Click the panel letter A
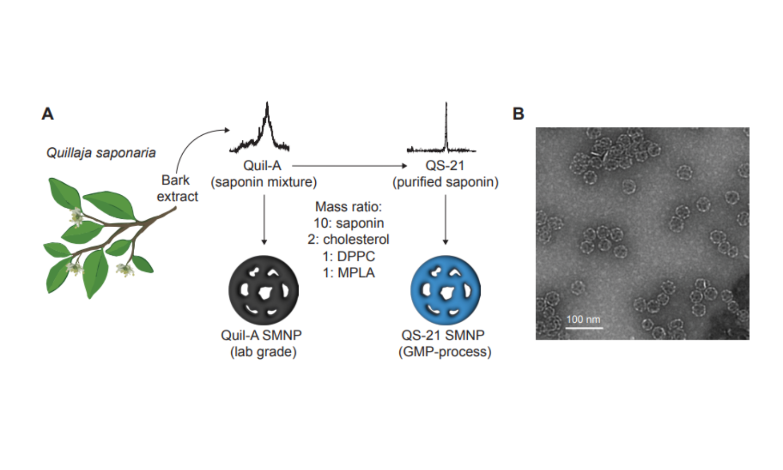(x=48, y=113)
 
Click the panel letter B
(x=518, y=113)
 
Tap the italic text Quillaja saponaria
(x=101, y=152)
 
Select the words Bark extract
(x=176, y=188)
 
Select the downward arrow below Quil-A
(x=264, y=219)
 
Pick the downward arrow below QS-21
(x=445, y=219)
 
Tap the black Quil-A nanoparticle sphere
(x=264, y=290)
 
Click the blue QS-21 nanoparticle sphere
(x=445, y=290)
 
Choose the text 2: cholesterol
(x=348, y=239)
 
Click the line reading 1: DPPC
(x=348, y=256)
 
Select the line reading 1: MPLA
(x=348, y=273)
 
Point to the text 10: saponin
(x=348, y=223)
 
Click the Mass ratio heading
(x=348, y=206)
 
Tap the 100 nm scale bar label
(x=583, y=319)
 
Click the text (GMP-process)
(x=445, y=351)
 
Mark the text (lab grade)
(x=263, y=351)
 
